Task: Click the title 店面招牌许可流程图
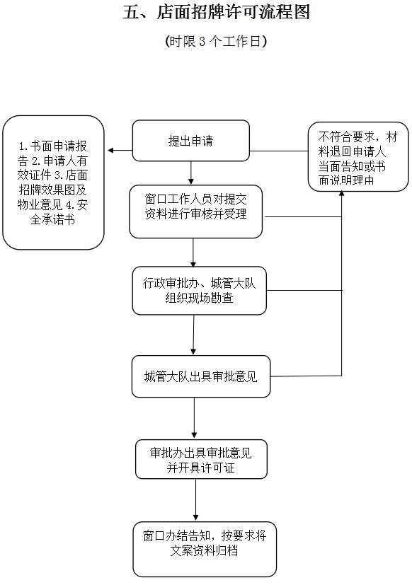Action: click(234, 12)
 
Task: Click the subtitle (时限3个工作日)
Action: click(216, 41)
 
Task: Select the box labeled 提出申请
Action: click(191, 141)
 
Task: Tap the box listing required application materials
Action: click(53, 183)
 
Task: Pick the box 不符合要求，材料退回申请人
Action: click(357, 157)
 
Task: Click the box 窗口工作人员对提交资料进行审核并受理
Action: click(195, 212)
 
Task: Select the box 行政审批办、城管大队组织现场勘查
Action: click(200, 291)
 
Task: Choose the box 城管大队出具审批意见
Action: click(201, 376)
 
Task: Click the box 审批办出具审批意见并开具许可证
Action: click(201, 459)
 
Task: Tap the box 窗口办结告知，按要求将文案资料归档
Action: click(205, 549)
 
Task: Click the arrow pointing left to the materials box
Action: click(120, 151)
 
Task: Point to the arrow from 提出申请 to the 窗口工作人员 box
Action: click(191, 173)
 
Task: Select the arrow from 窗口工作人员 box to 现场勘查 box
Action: click(193, 253)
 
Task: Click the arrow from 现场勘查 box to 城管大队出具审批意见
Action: click(193, 335)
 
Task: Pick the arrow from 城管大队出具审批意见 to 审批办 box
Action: click(194, 418)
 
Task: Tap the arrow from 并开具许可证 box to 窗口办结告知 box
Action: click(195, 500)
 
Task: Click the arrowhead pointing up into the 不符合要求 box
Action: click(341, 194)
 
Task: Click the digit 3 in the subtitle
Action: click(202, 42)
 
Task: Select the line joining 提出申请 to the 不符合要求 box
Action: click(279, 151)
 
